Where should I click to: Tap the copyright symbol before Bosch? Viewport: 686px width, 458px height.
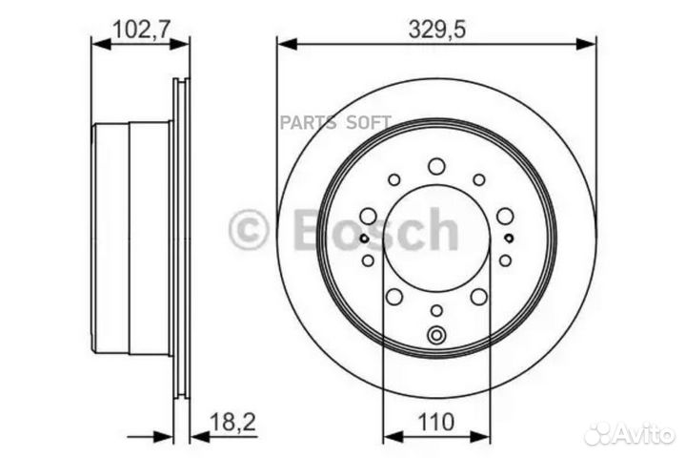(x=249, y=230)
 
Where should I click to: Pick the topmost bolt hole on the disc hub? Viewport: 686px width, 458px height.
(x=436, y=166)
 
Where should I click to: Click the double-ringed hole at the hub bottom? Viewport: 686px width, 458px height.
(x=436, y=335)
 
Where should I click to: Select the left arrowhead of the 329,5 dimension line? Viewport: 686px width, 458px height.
(x=283, y=43)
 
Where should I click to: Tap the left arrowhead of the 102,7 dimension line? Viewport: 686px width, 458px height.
(x=96, y=43)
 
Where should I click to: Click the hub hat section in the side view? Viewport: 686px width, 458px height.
(x=131, y=239)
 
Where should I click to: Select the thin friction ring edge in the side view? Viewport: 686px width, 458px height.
(x=181, y=239)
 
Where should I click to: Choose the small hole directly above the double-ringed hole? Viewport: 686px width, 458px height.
(x=436, y=310)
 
